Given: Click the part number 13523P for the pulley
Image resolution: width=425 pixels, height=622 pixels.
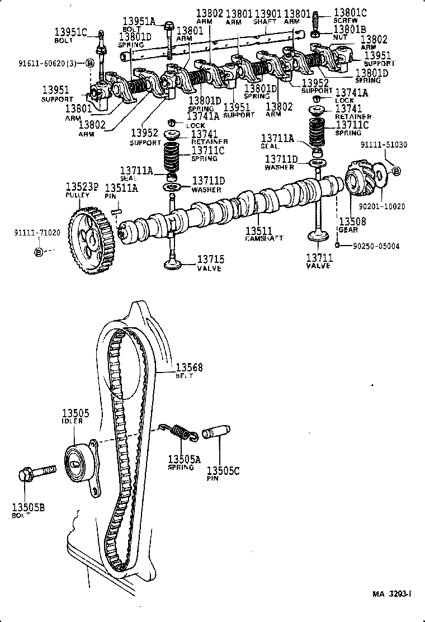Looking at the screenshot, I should [82, 187].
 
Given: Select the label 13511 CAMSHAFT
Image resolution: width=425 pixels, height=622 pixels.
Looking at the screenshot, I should [264, 233].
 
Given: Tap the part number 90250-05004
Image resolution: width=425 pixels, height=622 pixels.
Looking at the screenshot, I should [376, 246].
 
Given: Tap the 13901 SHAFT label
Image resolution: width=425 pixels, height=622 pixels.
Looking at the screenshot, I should [267, 17].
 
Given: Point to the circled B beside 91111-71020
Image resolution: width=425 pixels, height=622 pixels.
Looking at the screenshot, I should [38, 252].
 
